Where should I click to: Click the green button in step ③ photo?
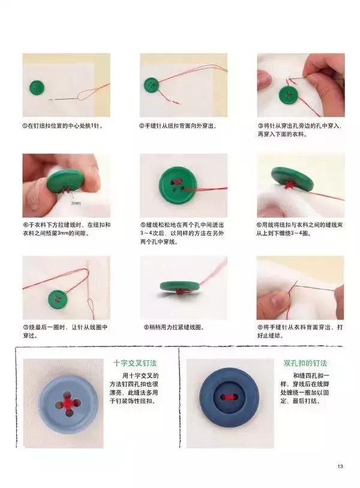coord(289,95)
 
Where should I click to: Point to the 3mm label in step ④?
coord(76,204)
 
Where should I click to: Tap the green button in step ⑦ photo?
coord(58,297)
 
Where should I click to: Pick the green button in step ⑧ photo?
coord(179,288)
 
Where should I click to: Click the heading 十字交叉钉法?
coord(133,363)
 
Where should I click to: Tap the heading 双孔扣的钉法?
coord(305,363)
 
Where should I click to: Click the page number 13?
coord(340,467)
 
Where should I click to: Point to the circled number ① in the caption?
coord(25,126)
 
